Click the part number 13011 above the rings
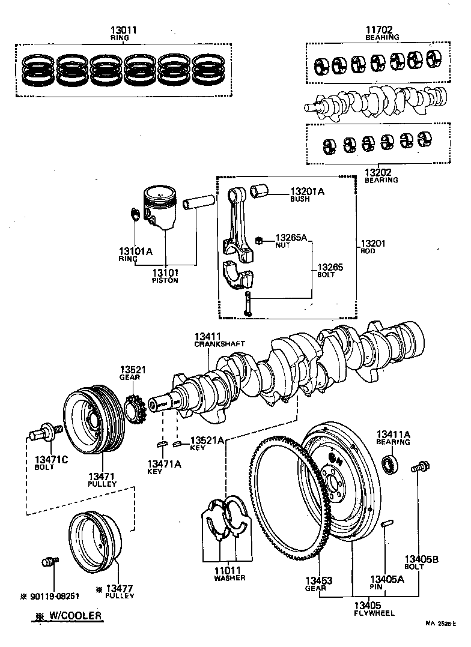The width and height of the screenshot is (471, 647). [x=124, y=30]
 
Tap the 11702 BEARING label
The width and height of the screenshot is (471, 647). [x=382, y=32]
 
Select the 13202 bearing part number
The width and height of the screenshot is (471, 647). [x=377, y=173]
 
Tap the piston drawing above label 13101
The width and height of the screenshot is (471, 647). [x=160, y=207]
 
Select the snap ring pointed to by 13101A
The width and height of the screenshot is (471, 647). [x=135, y=213]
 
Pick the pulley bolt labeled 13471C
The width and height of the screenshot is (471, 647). [x=45, y=431]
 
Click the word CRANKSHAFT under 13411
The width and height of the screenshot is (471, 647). [x=211, y=345]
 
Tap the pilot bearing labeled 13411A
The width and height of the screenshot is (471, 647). [x=391, y=463]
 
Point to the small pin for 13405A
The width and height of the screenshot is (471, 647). [x=387, y=525]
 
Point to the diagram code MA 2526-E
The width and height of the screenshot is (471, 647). [x=442, y=640]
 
